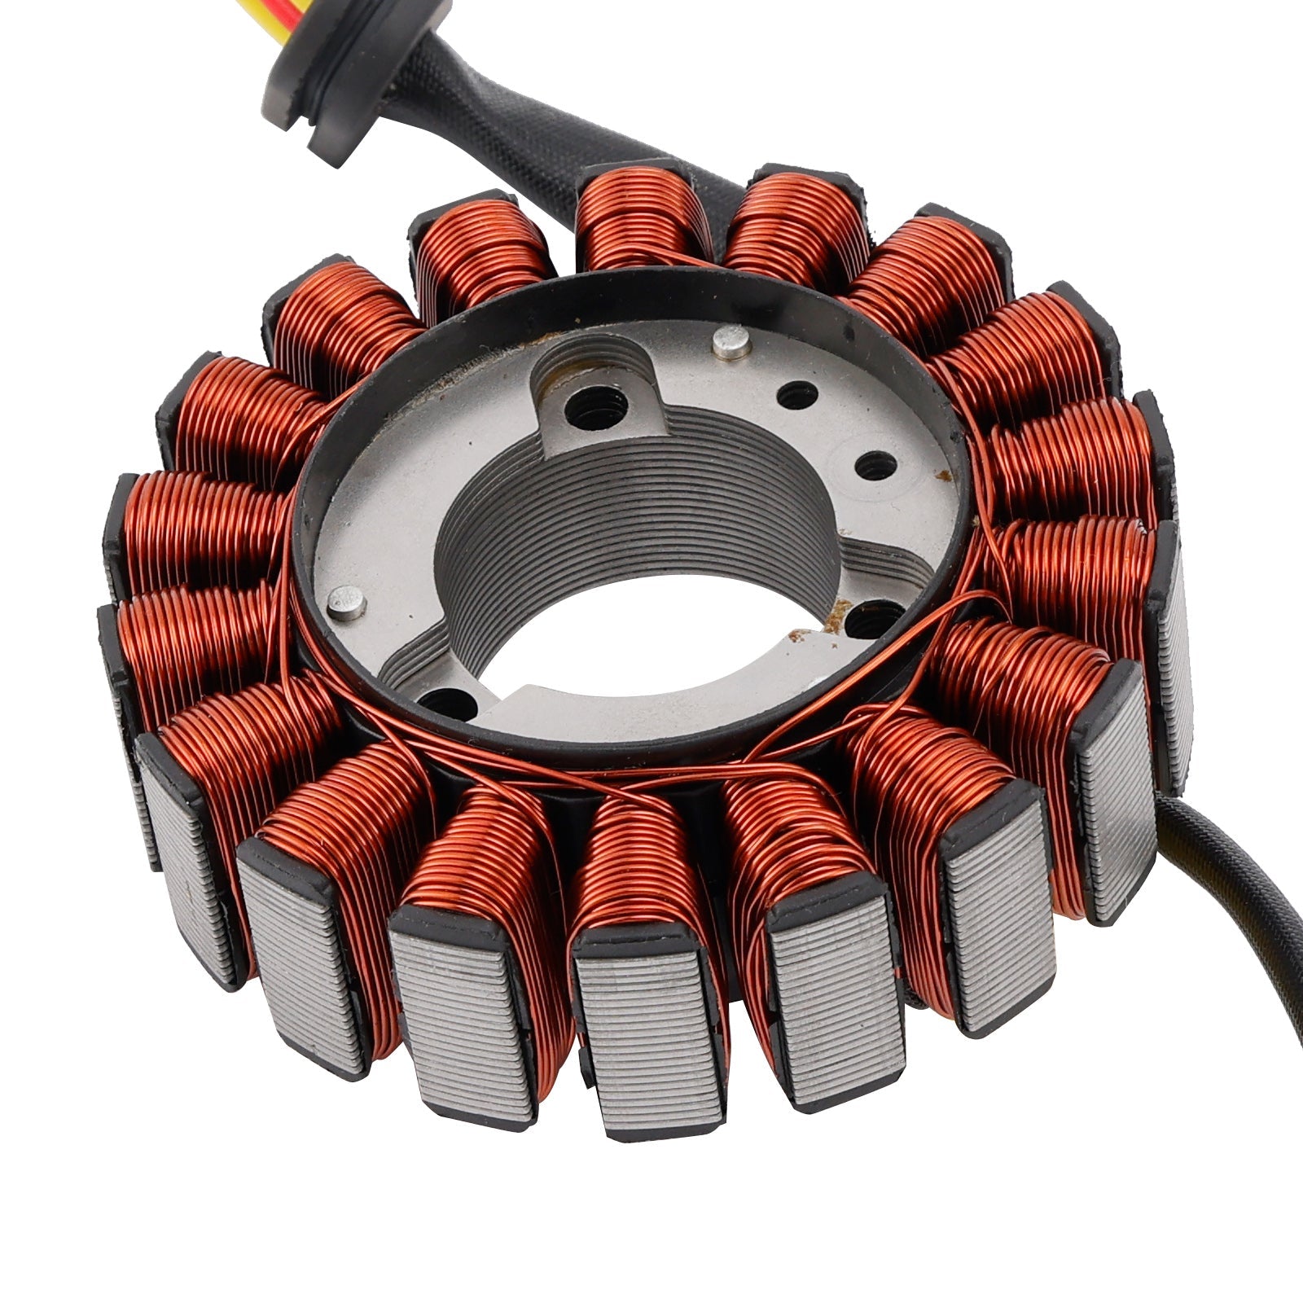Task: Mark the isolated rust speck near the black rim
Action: (x=945, y=472)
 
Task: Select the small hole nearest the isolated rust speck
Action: (x=876, y=464)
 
